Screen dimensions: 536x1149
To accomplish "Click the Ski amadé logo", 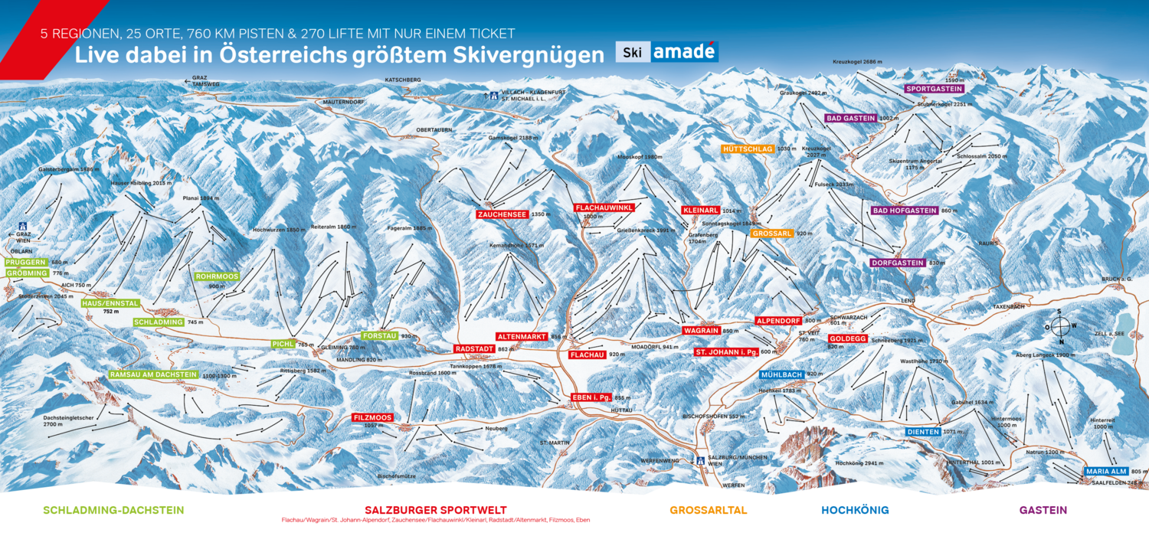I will coord(666,52).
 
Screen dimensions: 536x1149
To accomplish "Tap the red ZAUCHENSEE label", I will coord(502,215).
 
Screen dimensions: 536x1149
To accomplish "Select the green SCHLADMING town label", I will coord(159,322).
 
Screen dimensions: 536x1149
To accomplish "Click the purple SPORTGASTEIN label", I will coord(934,89).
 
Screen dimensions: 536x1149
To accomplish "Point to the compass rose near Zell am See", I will coord(1059,327).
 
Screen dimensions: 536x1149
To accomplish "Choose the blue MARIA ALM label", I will coord(1106,471).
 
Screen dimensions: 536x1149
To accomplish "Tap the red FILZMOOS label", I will coord(373,417).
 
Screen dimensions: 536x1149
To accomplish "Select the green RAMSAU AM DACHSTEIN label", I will coord(152,375).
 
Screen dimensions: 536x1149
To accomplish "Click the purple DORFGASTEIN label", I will coord(897,263).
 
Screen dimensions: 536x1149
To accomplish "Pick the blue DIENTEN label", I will coord(923,432).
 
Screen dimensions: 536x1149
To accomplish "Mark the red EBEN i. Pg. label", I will coord(591,397).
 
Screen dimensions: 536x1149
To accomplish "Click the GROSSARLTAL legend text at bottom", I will coord(708,510).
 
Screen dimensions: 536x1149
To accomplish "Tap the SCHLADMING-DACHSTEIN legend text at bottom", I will coord(113,510).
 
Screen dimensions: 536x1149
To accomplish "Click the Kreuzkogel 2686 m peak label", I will coord(859,61).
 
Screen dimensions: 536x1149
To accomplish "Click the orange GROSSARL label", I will coord(771,233).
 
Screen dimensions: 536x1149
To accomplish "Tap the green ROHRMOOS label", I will coord(217,276).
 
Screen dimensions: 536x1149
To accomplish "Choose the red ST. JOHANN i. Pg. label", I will coord(725,351).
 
